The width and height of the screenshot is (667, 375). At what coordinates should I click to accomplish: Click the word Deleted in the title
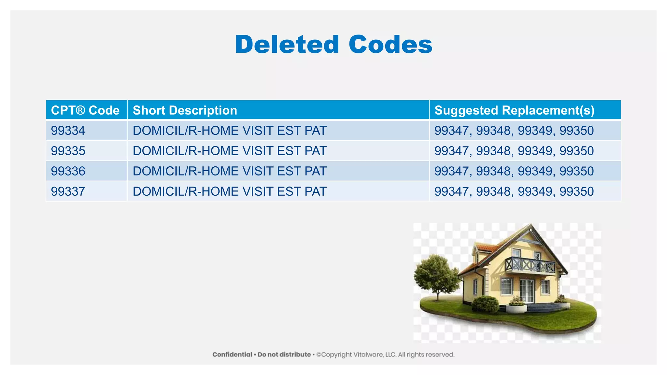[287, 45]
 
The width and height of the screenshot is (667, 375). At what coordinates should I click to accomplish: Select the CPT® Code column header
[85, 110]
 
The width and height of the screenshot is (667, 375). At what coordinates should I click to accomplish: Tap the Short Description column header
[185, 110]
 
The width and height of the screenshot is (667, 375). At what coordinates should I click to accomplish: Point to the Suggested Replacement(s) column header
[514, 110]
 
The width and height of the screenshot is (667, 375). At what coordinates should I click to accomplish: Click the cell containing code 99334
[68, 131]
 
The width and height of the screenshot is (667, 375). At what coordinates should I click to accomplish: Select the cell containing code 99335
[68, 151]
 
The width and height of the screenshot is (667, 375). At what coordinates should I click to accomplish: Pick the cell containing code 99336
[68, 171]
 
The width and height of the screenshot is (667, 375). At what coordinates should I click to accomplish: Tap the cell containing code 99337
[68, 191]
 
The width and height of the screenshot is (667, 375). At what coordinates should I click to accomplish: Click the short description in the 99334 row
[230, 131]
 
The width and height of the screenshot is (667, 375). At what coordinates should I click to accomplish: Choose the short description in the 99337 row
[230, 191]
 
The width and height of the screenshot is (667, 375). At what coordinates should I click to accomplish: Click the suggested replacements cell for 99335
[514, 151]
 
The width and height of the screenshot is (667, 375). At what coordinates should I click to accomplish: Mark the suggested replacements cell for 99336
[514, 171]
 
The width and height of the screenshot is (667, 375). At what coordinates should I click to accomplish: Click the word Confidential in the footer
[232, 354]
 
